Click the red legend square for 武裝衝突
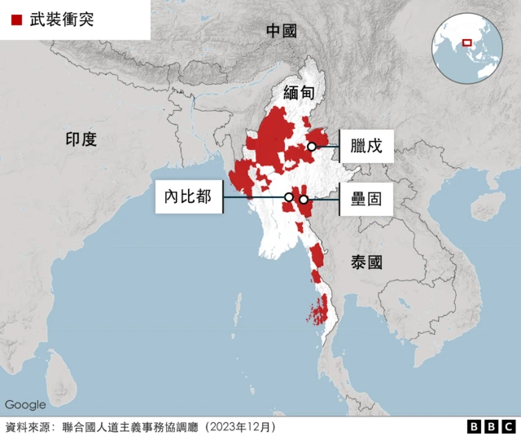[16, 20]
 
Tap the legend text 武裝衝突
[61, 20]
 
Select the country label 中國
[282, 31]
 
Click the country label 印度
[81, 139]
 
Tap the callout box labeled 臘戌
[366, 147]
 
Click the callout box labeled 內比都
[189, 197]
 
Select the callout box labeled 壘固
[366, 199]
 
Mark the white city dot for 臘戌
[312, 147]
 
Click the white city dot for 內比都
[288, 197]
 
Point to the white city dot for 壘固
[304, 200]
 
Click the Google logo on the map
[25, 404]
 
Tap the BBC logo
[491, 426]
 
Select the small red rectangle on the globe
[467, 42]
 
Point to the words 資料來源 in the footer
[24, 426]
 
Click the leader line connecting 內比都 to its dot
[254, 197]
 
